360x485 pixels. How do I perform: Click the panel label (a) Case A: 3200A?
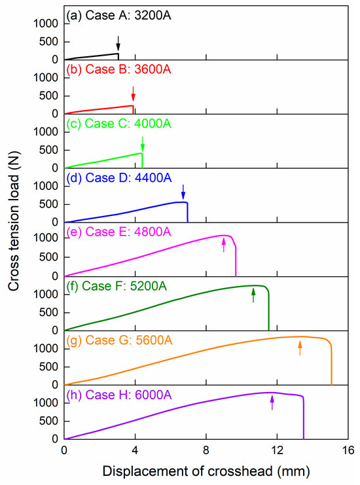[x=115, y=14]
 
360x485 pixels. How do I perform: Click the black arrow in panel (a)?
[x=118, y=43]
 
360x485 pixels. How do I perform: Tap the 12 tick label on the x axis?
[x=277, y=451]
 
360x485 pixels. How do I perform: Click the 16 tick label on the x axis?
[x=348, y=451]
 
